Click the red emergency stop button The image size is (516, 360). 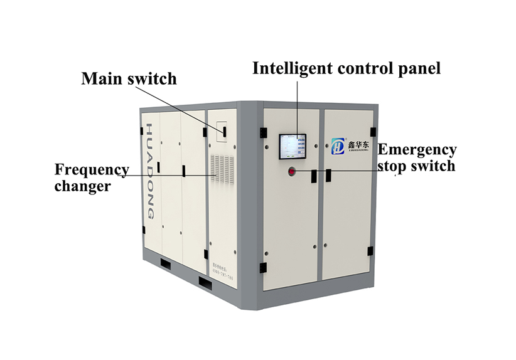pos(293,171)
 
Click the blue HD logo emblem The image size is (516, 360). pos(339,147)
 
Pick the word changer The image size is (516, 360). pos(82,186)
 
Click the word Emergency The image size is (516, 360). pos(417,151)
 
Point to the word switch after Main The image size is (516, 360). pos(153,79)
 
